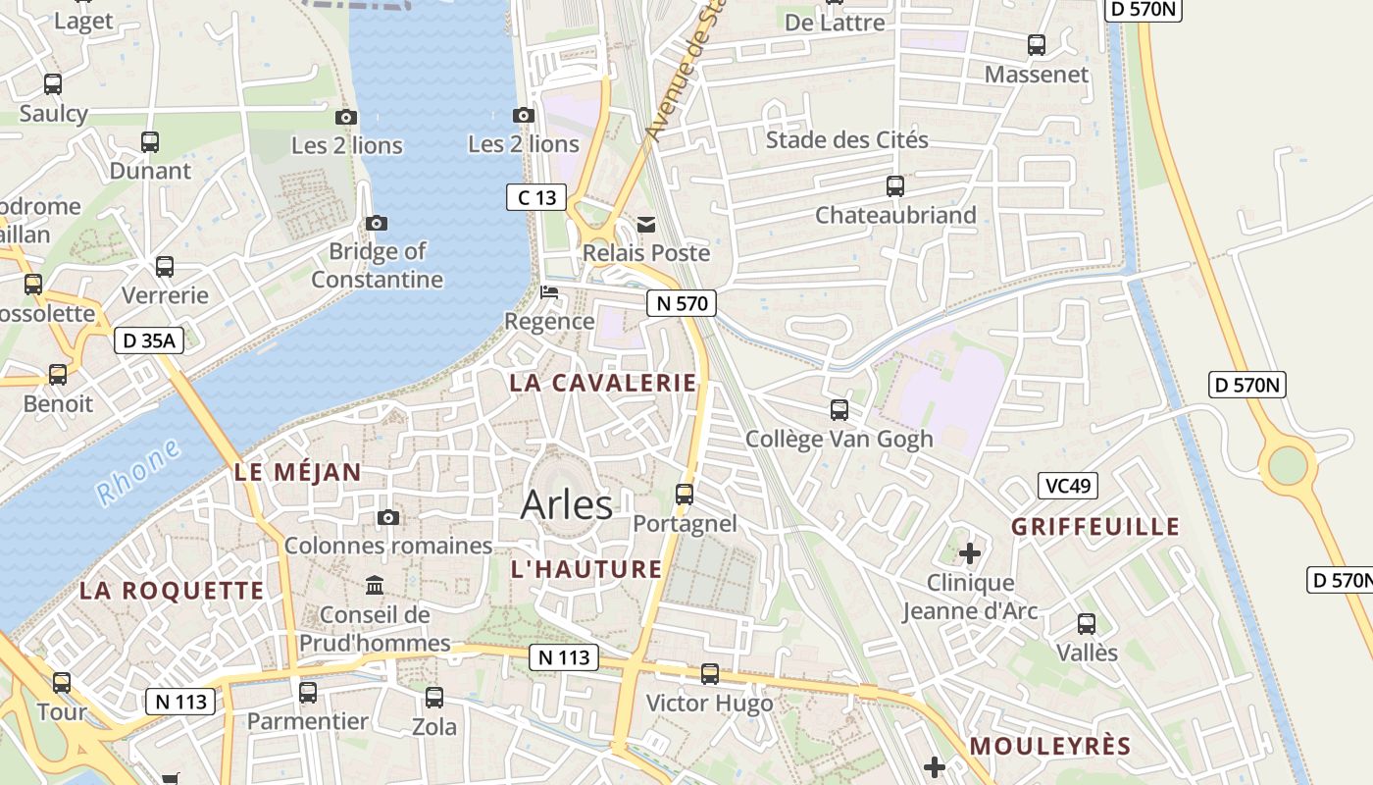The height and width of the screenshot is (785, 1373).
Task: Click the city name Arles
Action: [x=566, y=504]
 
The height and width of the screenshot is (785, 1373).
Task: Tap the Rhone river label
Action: [x=139, y=472]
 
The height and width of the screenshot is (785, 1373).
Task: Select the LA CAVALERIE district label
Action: [x=602, y=383]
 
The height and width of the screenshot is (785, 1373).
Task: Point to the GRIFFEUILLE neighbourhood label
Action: [x=1095, y=527]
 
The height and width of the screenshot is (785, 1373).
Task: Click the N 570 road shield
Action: [x=682, y=303]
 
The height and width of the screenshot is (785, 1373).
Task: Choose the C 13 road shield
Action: [x=536, y=197]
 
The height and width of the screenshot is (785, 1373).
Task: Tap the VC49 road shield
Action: [x=1067, y=486]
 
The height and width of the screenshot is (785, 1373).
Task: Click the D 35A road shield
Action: [x=149, y=340]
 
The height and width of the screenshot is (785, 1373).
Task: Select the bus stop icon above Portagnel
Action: [x=685, y=494]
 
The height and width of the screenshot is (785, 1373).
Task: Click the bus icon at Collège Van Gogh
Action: [x=839, y=409]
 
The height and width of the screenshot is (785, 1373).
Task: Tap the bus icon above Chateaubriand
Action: [x=894, y=185]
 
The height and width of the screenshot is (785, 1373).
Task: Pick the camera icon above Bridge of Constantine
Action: [x=377, y=223]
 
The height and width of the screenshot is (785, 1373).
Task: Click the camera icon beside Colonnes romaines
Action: [x=388, y=517]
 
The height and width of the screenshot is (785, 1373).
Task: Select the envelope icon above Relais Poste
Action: [x=646, y=225]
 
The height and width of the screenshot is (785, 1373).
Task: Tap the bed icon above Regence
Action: [x=549, y=292]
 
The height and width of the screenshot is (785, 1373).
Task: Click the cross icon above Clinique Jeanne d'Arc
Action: [x=970, y=553]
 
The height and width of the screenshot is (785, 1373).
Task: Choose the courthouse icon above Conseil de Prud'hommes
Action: [x=375, y=586]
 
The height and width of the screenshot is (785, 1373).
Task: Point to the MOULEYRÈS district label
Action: [x=1050, y=746]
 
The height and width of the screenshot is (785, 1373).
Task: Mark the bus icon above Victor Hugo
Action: [x=710, y=674]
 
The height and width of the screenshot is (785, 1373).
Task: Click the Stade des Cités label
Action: [x=846, y=139]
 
